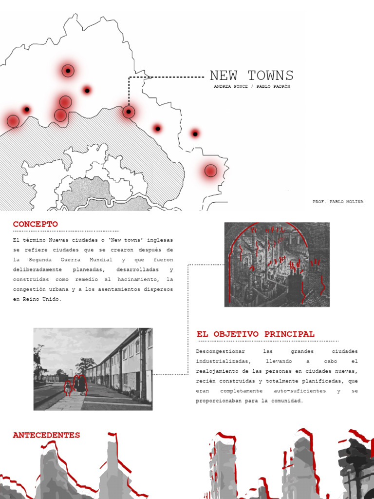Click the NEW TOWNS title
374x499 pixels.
251,76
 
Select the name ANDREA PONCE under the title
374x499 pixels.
230,86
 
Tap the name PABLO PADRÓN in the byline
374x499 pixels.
273,86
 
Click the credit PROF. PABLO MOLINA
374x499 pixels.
338,202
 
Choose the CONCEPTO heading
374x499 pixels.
35,224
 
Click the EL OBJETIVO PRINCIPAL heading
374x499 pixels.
255,334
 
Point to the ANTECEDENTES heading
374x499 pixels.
46,435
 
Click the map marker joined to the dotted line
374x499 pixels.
129,112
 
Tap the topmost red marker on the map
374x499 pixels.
68,71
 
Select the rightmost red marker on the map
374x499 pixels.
210,171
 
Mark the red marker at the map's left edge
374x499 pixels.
13,121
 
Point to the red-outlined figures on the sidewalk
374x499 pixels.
75,385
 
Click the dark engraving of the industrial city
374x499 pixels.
277,264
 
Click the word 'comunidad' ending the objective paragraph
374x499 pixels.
286,401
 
